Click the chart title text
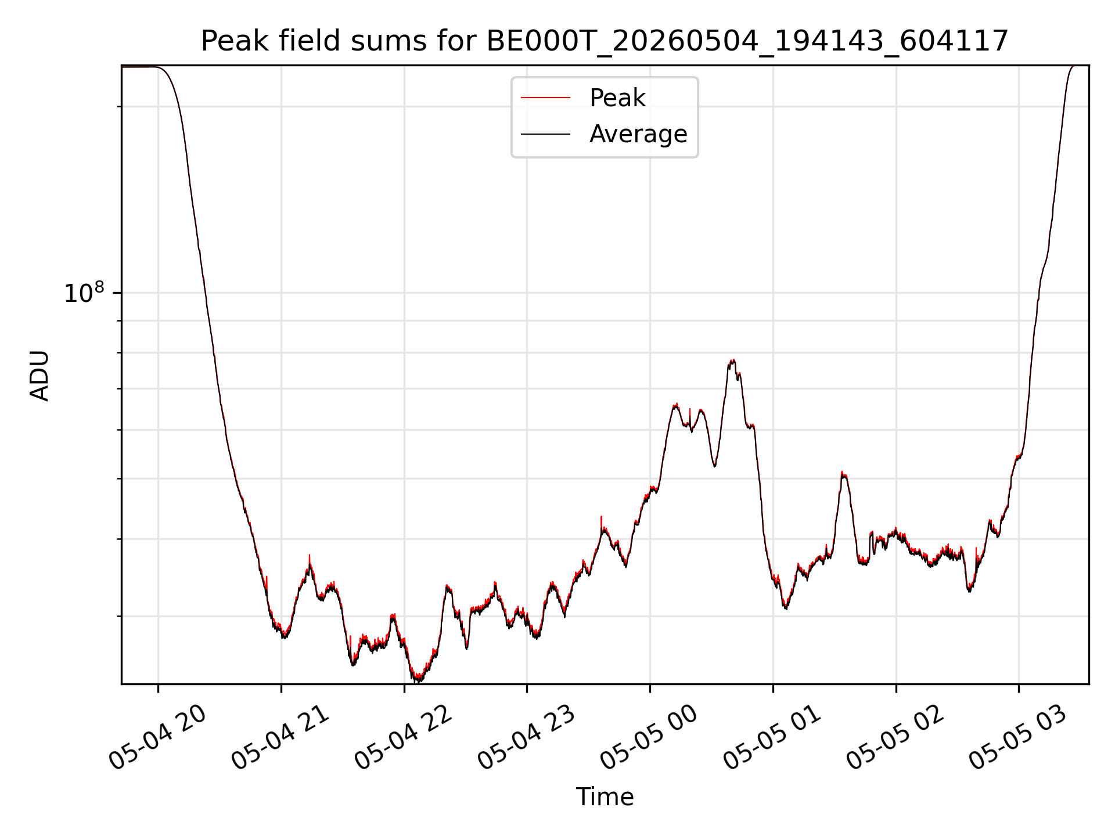pyautogui.click(x=605, y=41)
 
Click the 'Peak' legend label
pyautogui.click(x=617, y=98)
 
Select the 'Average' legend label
pyautogui.click(x=638, y=134)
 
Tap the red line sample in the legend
pyautogui.click(x=545, y=98)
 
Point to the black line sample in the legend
pyautogui.click(x=545, y=135)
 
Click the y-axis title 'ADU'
pyautogui.click(x=39, y=375)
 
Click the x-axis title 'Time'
pyautogui.click(x=605, y=797)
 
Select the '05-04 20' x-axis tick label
pyautogui.click(x=157, y=737)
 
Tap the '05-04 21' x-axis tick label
pyautogui.click(x=280, y=737)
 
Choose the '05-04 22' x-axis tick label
pyautogui.click(x=403, y=737)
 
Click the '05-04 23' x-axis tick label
pyautogui.click(x=526, y=737)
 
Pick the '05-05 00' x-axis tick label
pyautogui.click(x=649, y=737)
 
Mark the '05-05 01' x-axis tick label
pyautogui.click(x=772, y=737)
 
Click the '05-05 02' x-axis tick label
pyautogui.click(x=895, y=737)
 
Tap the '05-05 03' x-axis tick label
pyautogui.click(x=1017, y=737)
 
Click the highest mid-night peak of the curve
pyautogui.click(x=733, y=361)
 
